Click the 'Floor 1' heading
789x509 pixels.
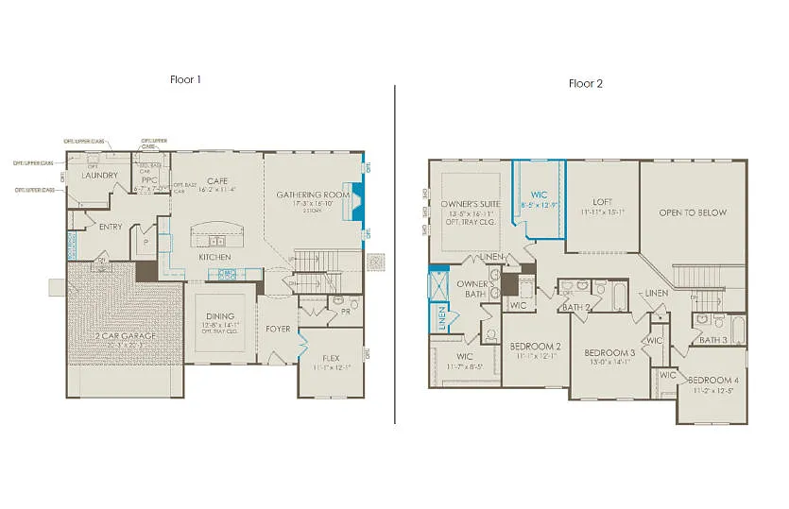185,79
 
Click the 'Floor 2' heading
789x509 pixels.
585,83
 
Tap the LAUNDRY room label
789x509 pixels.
99,176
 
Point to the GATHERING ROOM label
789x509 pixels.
313,195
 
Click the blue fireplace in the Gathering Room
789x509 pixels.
357,200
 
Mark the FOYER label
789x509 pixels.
278,330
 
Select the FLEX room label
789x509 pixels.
331,358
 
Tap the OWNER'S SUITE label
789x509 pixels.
464,204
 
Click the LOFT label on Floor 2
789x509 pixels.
603,201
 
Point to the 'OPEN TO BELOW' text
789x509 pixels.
693,212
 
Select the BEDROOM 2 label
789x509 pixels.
536,346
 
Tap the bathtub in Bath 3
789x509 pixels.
738,331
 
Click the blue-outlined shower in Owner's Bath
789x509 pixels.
439,283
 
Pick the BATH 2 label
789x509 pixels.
575,308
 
